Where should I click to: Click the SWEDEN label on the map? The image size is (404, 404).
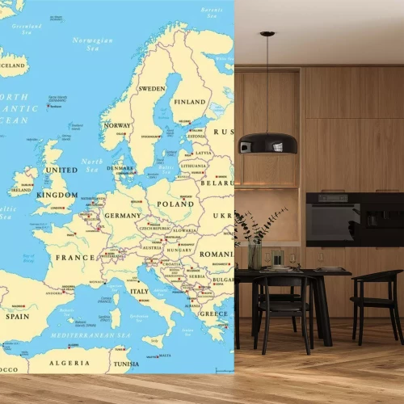(152, 88)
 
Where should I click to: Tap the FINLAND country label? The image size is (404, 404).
(191, 102)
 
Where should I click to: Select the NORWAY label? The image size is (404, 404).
(117, 125)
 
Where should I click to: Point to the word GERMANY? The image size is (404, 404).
(122, 216)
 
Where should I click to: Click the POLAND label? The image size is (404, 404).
(175, 204)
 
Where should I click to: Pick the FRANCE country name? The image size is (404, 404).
(74, 258)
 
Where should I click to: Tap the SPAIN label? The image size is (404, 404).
(17, 317)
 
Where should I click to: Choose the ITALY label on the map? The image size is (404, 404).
(140, 291)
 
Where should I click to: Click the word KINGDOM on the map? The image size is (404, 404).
(57, 195)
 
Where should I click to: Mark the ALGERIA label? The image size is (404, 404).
(69, 363)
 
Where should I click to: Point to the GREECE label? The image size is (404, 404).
(214, 313)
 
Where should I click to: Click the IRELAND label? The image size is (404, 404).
(21, 192)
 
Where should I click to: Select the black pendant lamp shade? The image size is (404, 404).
(268, 142)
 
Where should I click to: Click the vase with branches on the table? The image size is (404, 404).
(255, 254)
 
